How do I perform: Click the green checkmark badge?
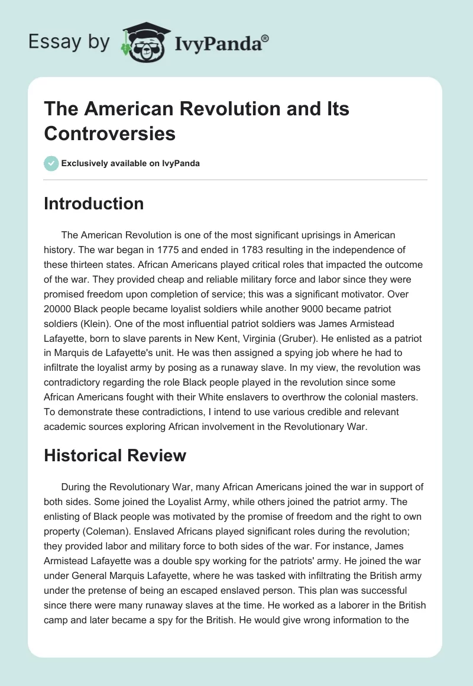[51, 164]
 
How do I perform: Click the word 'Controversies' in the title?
[110, 133]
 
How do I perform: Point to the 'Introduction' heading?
[94, 203]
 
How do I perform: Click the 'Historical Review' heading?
[115, 455]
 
